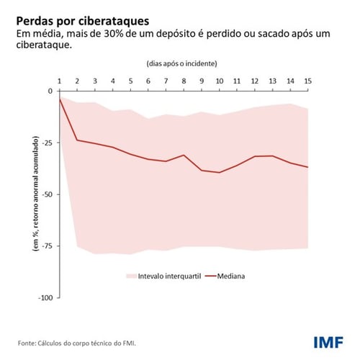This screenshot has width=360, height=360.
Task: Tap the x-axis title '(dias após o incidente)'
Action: pos(184,64)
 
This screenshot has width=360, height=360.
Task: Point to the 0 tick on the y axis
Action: pos(50,91)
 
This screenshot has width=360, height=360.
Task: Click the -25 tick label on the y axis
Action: pos(48,143)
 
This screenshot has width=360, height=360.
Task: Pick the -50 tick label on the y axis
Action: pos(48,194)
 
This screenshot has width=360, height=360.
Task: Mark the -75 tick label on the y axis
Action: pos(48,246)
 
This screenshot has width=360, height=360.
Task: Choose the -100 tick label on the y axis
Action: pos(45,297)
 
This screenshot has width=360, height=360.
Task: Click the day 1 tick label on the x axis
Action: pos(59,81)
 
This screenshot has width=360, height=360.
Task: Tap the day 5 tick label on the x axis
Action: pos(130,81)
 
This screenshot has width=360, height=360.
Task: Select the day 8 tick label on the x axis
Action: pos(184,81)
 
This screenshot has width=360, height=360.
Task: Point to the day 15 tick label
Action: pos(308,81)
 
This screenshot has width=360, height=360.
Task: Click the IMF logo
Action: pos(328,341)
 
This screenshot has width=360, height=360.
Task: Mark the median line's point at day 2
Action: pos(77,140)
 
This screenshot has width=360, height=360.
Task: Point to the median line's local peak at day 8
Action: pos(184,155)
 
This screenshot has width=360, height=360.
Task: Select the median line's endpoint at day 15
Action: pos(308,167)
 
